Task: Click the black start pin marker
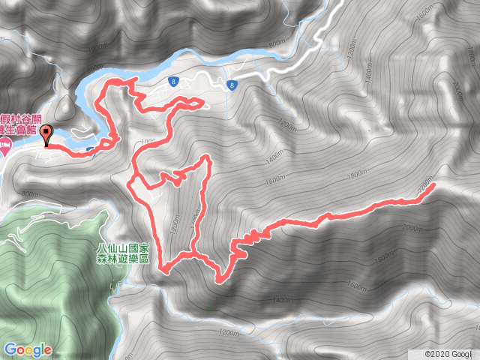[46, 135]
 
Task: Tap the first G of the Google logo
[10, 349]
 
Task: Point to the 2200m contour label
[425, 184]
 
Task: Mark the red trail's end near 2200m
[433, 185]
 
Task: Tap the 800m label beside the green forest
[30, 194]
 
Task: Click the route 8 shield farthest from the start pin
[233, 85]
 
